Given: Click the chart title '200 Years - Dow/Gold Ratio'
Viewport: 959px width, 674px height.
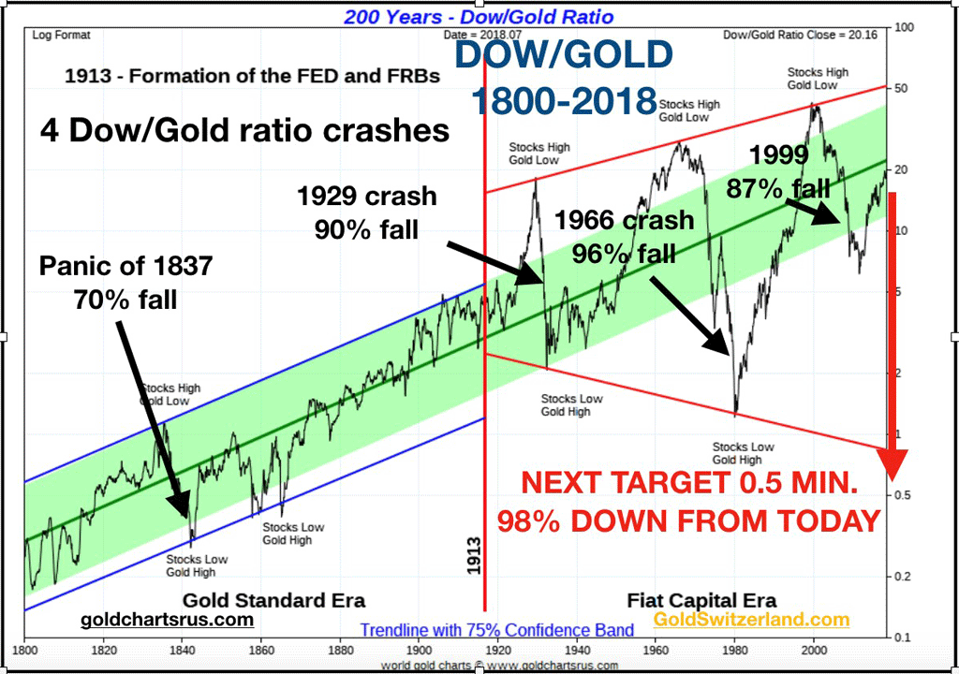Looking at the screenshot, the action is tap(479, 17).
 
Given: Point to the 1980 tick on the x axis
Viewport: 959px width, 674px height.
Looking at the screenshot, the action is tap(735, 650).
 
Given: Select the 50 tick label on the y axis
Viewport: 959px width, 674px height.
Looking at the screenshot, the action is tap(901, 88).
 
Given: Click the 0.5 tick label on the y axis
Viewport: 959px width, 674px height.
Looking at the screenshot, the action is tap(902, 495).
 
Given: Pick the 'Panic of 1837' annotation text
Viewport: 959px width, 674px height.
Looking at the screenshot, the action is tap(126, 266).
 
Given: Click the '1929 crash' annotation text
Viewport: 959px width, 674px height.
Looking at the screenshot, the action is tap(367, 197).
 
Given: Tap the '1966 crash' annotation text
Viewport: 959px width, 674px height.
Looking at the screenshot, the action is tap(625, 220).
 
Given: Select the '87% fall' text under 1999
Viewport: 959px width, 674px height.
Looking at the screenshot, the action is tap(778, 188).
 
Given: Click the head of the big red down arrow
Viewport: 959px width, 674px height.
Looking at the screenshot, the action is tap(892, 465).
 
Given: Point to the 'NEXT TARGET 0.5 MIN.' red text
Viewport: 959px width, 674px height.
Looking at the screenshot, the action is tap(689, 483).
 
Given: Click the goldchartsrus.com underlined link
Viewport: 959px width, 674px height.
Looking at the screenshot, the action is tap(167, 620).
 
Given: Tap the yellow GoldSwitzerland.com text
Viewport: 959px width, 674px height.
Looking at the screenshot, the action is tap(751, 619).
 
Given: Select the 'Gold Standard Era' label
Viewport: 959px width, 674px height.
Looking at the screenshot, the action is tap(274, 600).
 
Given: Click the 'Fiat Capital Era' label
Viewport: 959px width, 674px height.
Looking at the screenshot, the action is tap(701, 600).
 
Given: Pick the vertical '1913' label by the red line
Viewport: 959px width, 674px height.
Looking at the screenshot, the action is tap(473, 556).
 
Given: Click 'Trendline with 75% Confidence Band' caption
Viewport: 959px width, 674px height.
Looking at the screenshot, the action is tap(496, 630).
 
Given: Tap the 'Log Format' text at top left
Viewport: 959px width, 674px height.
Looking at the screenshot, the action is tap(61, 36).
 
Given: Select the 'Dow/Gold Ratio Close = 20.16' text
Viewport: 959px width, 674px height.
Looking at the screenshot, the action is tap(800, 35).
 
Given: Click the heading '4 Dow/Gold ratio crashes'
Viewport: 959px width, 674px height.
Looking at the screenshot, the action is tap(244, 130).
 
